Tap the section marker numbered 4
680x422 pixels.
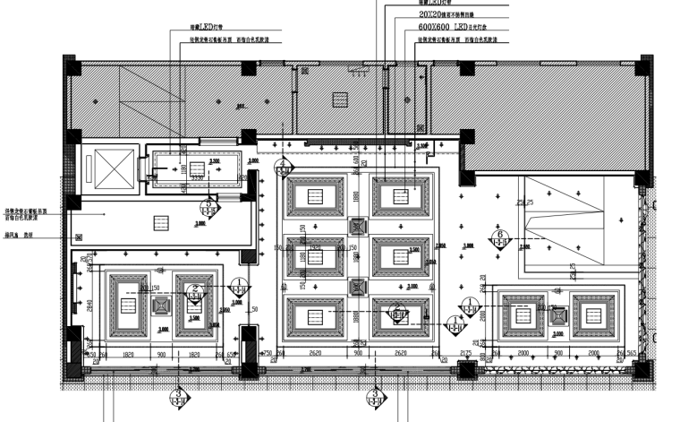[284, 167]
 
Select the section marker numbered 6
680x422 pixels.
[499, 239]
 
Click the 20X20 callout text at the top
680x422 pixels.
[444, 15]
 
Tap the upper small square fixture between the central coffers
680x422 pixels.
[357, 228]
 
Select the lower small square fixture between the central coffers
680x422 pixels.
[357, 287]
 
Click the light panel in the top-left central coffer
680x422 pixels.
[313, 197]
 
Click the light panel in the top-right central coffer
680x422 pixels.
[401, 197]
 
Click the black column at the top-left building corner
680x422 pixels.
[72, 67]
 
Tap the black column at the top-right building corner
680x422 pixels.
[642, 67]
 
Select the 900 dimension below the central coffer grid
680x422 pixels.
[357, 354]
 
